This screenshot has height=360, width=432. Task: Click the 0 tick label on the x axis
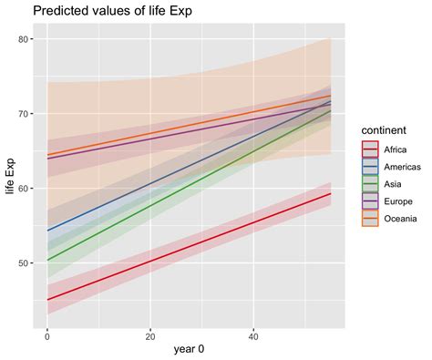tap(46, 333)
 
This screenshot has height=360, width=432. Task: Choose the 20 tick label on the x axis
tap(149, 333)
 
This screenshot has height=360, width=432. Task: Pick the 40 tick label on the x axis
tap(253, 333)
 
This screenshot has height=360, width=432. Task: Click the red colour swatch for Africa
tap(370, 149)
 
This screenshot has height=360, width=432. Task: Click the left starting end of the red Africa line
tap(47, 299)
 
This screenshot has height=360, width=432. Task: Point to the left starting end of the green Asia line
tap(47, 260)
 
